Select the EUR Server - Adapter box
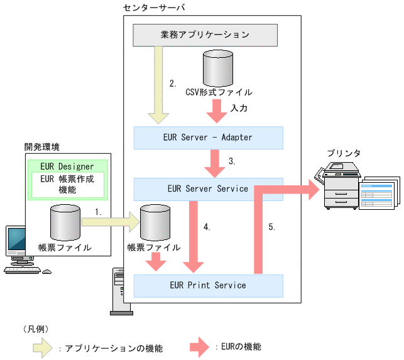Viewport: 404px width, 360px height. click(x=208, y=137)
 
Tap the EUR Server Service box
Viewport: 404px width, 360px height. click(x=208, y=188)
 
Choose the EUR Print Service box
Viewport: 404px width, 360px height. click(x=208, y=285)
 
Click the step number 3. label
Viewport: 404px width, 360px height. click(x=232, y=161)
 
